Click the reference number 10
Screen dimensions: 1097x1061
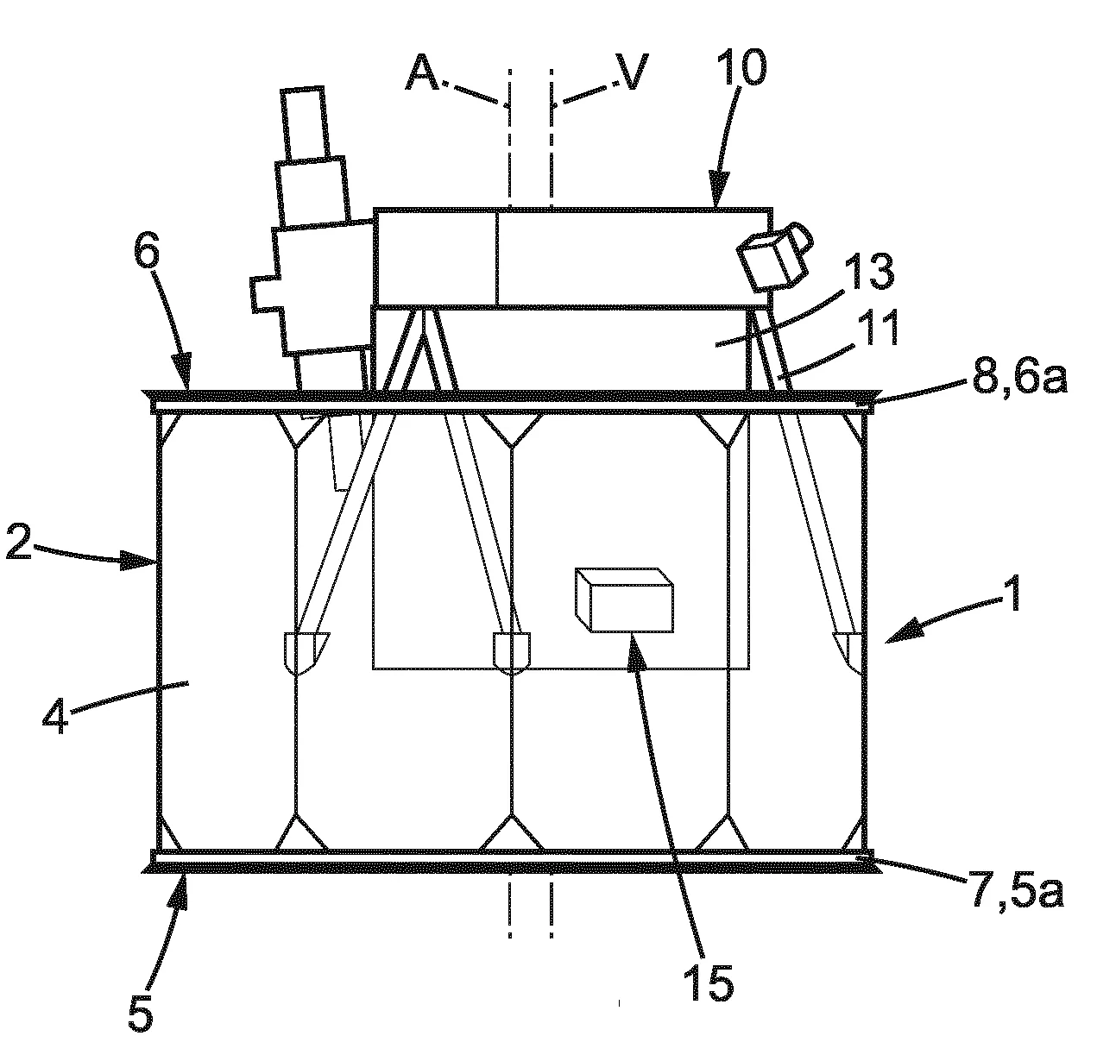tap(742, 67)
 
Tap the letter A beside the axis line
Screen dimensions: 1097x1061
tap(422, 72)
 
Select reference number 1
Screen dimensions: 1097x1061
tap(1013, 593)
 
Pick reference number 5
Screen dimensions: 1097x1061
tap(141, 1013)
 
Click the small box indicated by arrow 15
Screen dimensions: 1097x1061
tap(624, 600)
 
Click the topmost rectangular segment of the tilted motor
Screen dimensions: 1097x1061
tap(305, 124)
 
